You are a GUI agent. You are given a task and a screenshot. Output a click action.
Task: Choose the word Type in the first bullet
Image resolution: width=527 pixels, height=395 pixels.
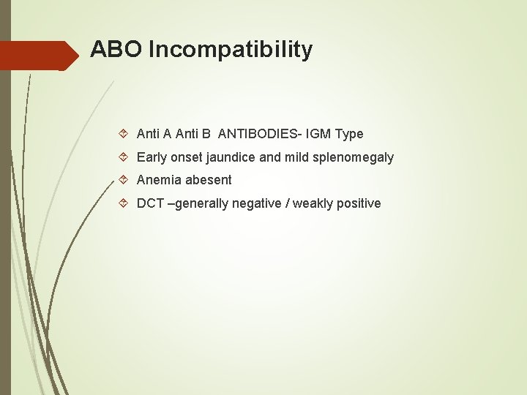pos(348,134)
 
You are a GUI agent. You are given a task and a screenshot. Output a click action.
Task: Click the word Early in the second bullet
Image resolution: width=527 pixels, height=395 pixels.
pos(152,157)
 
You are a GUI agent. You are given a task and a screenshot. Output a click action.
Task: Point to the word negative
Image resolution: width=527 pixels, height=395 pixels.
pos(256,203)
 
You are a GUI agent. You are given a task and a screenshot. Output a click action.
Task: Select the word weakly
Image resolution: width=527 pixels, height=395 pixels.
pos(313,203)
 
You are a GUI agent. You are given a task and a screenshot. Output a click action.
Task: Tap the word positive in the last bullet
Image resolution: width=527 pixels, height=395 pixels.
pos(359,203)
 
